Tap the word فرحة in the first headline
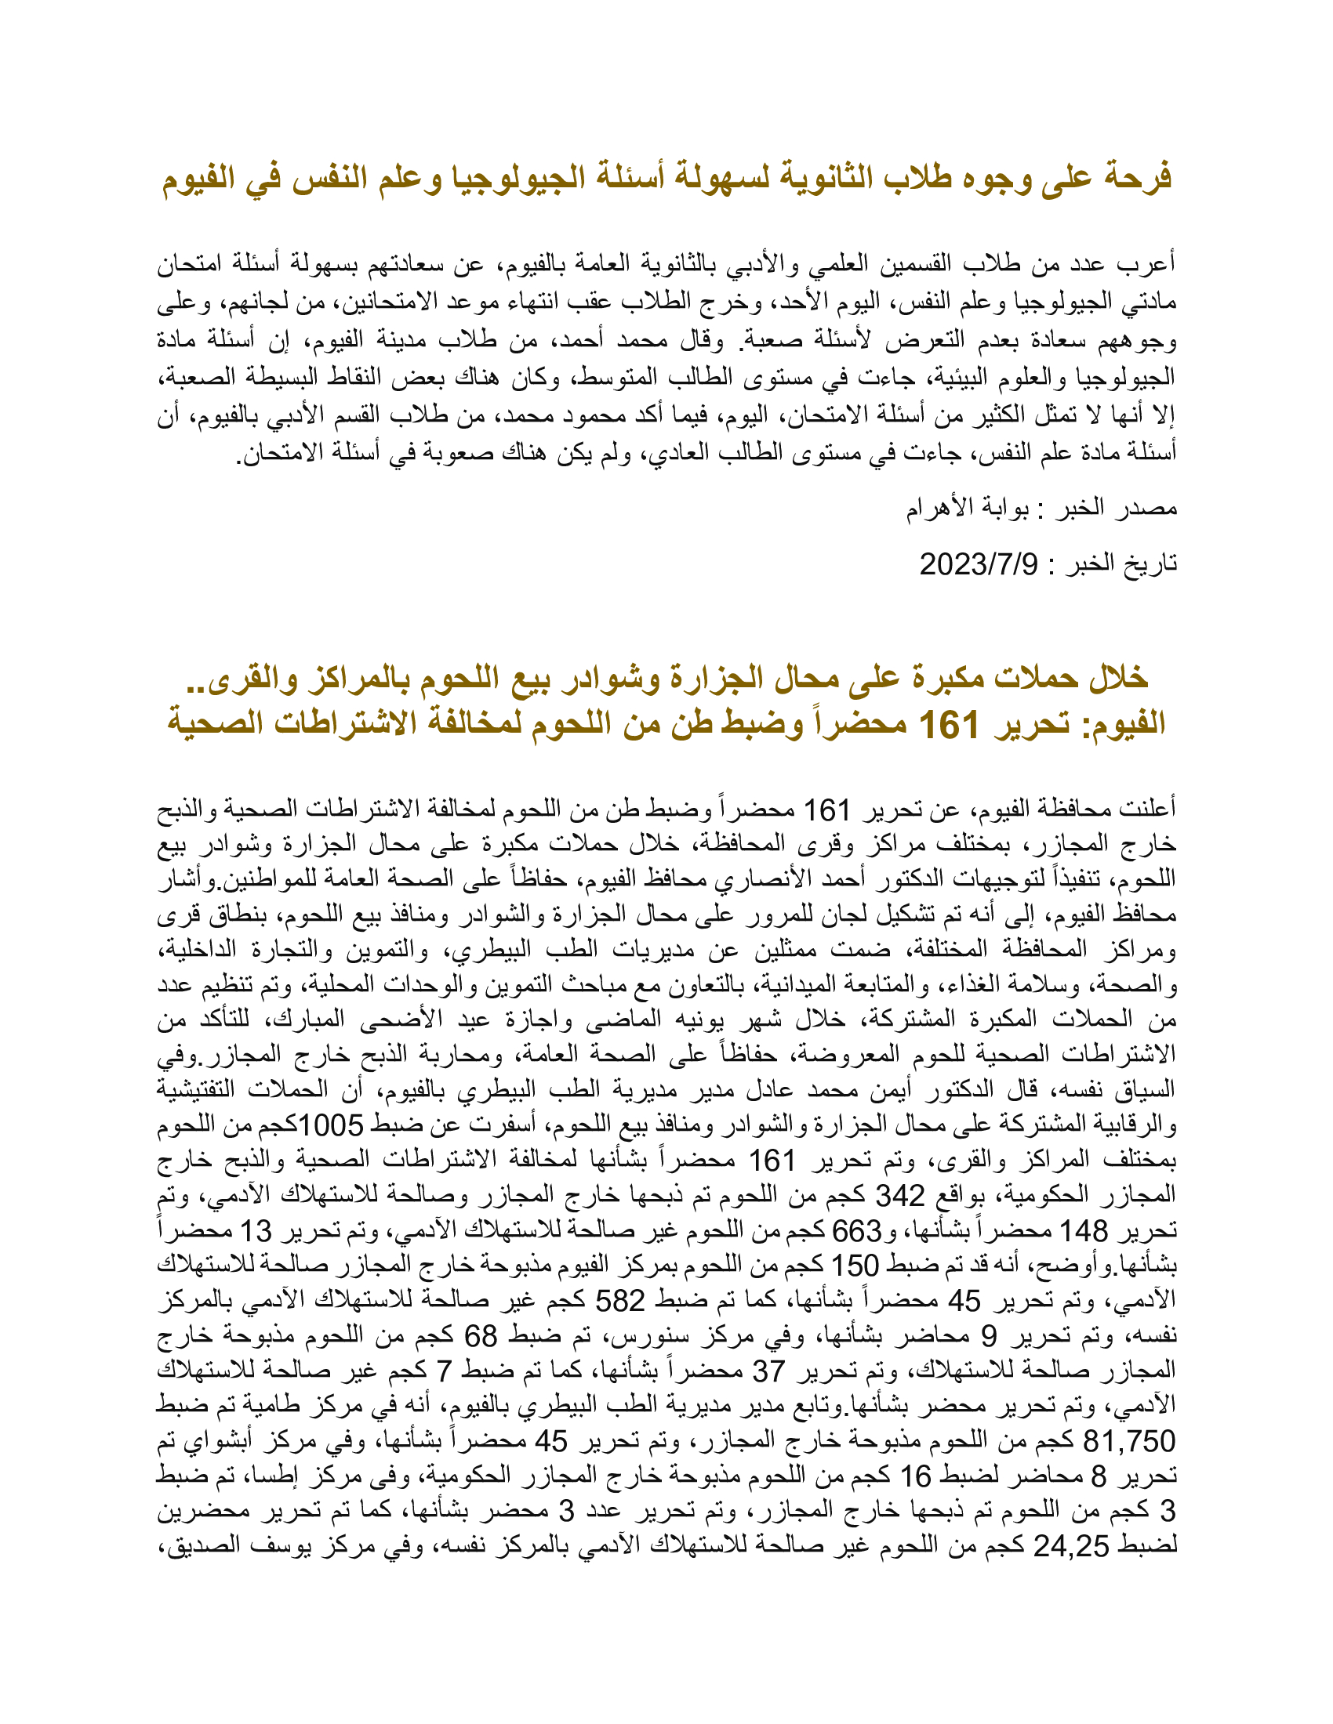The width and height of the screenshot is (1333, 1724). (1135, 177)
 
